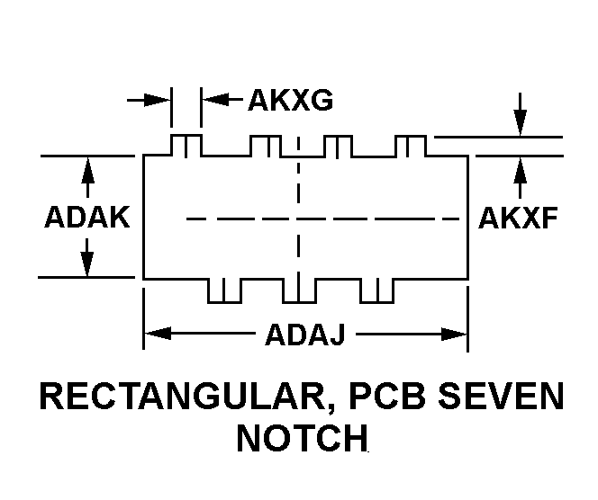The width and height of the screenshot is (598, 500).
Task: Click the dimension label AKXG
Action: pos(290,100)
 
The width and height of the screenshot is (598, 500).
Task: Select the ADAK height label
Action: pos(87,218)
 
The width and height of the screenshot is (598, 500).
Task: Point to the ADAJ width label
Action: pos(304,335)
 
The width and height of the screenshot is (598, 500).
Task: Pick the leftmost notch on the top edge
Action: pos(186,146)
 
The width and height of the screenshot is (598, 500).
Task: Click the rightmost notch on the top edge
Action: pos(411,146)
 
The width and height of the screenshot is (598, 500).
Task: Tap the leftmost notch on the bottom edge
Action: pos(224,290)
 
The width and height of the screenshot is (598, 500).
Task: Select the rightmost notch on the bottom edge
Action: pos(376,290)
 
